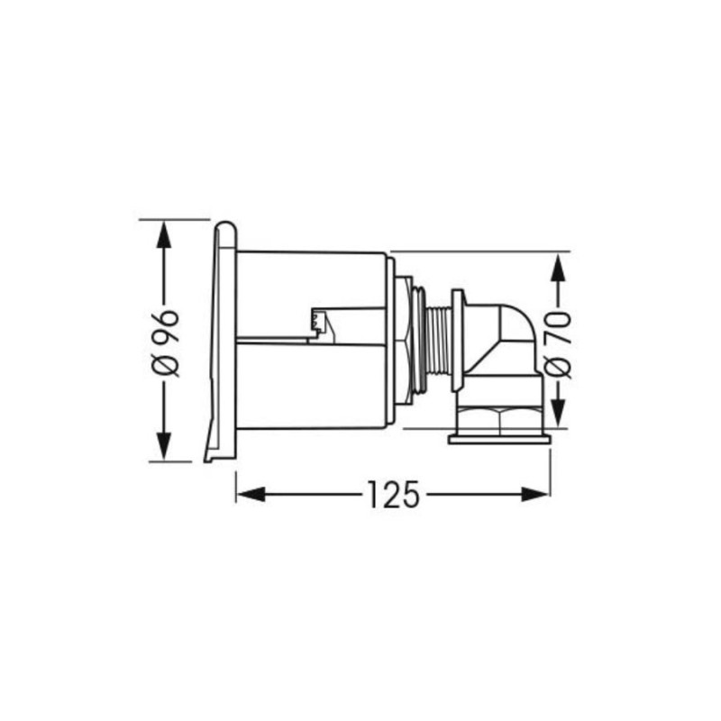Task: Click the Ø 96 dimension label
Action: coord(164,343)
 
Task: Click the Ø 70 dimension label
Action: coord(558,345)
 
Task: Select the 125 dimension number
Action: coord(394,494)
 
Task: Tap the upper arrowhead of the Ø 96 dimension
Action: coord(164,234)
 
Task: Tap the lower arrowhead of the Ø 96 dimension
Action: coord(164,446)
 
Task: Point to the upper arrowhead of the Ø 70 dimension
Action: coord(558,267)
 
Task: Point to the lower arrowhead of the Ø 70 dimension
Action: coord(558,414)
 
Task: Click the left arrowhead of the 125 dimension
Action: coord(251,494)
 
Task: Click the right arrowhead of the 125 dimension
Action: coord(535,494)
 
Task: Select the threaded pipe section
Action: coord(438,341)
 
